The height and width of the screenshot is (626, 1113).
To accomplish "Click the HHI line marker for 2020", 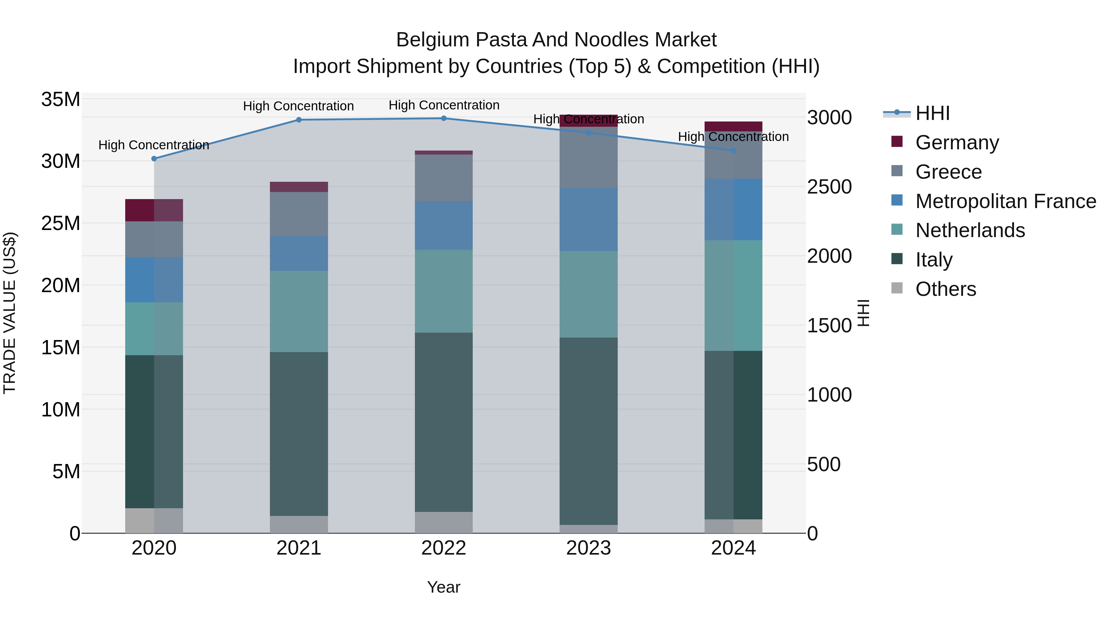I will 154,159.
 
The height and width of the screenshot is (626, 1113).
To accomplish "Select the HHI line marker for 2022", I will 444,118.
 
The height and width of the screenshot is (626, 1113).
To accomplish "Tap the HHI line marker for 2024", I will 733,150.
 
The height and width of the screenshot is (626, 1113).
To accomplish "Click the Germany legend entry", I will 957,143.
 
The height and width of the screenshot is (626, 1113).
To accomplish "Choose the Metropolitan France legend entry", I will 1005,201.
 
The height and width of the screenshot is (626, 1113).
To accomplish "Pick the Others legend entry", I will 945,289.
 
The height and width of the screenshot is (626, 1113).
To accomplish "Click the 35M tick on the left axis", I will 61,99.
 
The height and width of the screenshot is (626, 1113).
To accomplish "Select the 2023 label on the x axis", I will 588,548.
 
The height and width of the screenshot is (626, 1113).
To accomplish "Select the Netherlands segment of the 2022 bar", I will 444,291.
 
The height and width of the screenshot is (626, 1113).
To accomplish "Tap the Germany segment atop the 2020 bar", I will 154,211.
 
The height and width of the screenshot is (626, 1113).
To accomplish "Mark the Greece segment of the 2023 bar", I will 588,157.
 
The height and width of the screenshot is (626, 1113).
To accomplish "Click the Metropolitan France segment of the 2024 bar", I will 733,210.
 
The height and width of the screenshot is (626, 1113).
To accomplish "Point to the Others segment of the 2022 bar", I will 444,522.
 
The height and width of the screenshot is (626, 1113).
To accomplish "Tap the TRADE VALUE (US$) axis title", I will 10,313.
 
